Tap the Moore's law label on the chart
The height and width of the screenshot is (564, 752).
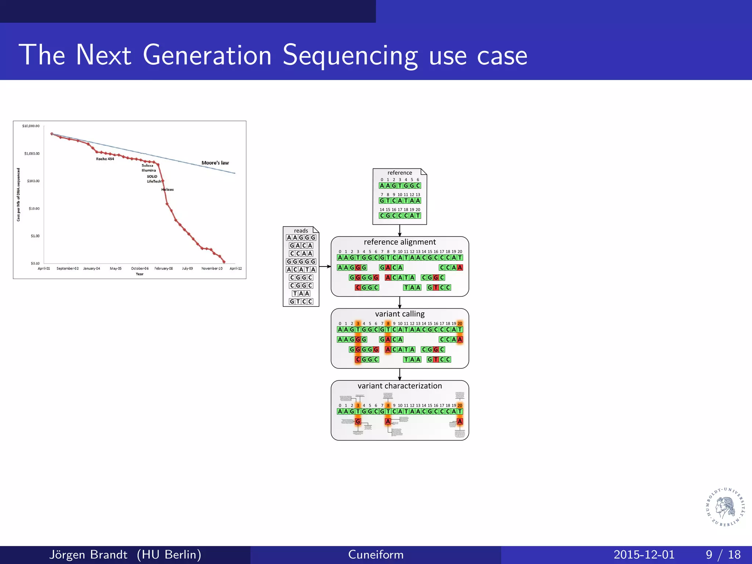[215, 163]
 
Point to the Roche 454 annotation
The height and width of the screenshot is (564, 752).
[105, 159]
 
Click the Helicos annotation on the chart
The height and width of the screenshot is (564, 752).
[167, 189]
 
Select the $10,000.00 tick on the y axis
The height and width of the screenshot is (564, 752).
[31, 126]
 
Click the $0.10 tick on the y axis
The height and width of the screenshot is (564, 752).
[35, 263]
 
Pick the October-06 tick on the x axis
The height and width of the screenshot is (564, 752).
[140, 268]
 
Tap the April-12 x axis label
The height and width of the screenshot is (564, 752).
[235, 268]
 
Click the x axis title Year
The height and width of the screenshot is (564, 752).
[140, 274]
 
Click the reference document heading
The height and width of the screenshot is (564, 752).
[399, 173]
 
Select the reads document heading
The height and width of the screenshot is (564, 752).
[301, 231]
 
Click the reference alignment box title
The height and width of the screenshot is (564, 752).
[399, 242]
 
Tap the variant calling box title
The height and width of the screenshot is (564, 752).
[399, 314]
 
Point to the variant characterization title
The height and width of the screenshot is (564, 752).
[399, 386]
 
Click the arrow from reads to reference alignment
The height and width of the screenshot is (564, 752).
[325, 267]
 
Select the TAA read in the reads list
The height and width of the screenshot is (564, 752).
[301, 293]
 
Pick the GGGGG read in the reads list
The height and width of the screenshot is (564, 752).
[301, 261]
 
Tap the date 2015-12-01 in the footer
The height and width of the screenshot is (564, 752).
[644, 554]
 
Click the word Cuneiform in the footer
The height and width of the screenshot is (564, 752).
[376, 554]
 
